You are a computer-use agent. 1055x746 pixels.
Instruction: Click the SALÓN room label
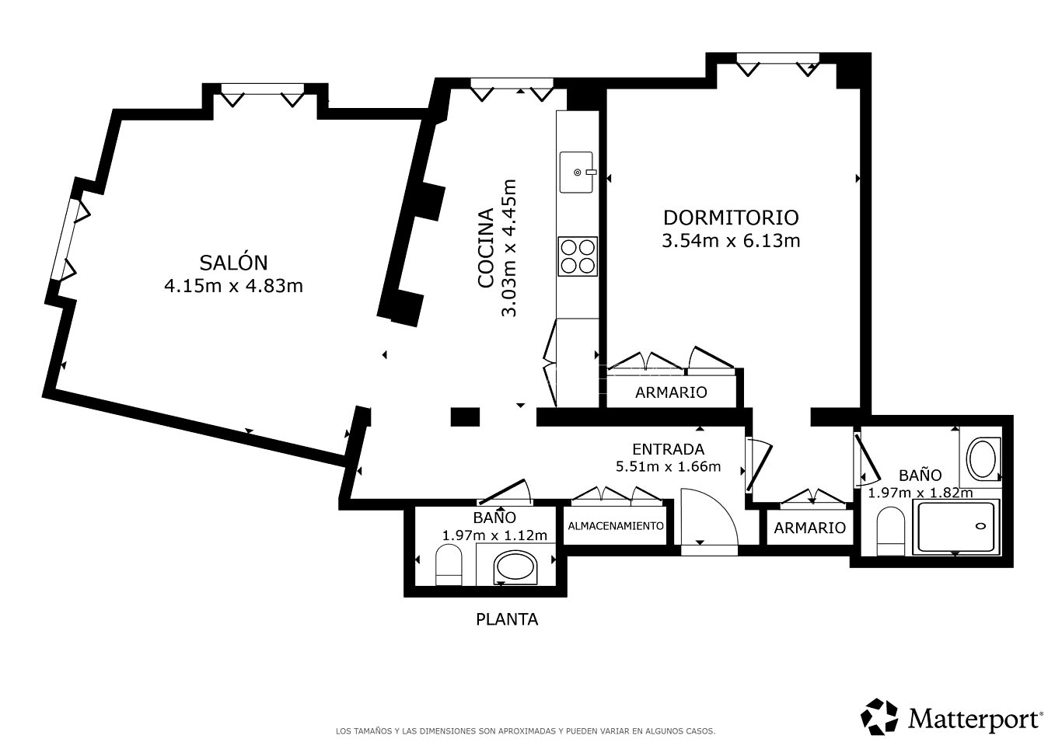[233, 262]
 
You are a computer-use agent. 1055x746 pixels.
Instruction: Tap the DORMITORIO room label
[731, 218]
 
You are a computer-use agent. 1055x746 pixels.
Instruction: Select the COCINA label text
[486, 248]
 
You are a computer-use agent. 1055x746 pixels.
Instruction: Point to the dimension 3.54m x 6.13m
[731, 241]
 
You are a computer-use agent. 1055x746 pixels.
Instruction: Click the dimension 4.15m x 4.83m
[233, 286]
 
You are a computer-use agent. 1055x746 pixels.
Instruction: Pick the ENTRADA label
[669, 449]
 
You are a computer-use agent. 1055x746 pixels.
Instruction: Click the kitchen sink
[577, 173]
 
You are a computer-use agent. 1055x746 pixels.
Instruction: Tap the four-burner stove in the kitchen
[578, 256]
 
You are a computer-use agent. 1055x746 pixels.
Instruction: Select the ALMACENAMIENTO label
[616, 526]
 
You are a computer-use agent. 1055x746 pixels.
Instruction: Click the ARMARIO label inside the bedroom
[671, 392]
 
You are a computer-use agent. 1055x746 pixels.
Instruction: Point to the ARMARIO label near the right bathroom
[810, 528]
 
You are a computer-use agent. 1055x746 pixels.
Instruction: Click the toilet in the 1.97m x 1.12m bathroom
[449, 565]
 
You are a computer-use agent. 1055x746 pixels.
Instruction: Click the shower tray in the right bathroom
[955, 527]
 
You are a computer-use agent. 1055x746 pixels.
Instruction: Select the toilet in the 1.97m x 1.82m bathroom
[891, 532]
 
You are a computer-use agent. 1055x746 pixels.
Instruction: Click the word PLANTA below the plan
[507, 619]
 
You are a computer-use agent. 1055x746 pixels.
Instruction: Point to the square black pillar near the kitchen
[466, 417]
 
